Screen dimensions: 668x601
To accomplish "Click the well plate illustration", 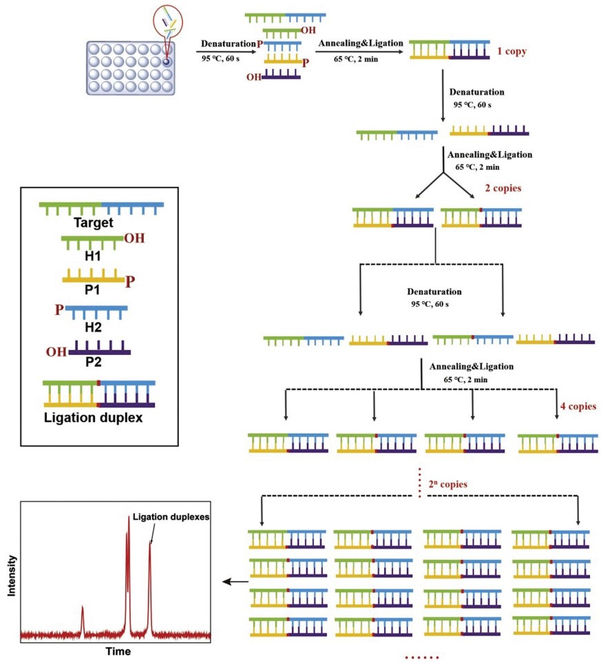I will click(x=130, y=67).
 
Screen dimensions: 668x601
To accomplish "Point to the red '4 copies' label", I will click(x=578, y=406).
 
